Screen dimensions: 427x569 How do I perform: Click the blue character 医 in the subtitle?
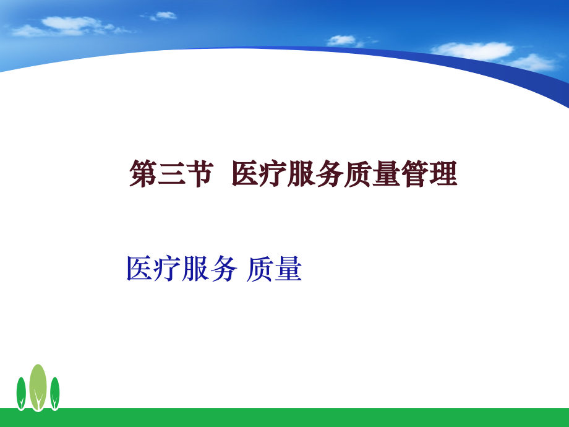[140, 269]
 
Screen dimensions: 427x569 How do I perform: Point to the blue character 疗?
[168, 269]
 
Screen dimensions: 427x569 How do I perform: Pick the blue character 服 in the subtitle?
[195, 269]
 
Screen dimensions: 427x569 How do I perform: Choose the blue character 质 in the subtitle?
[260, 269]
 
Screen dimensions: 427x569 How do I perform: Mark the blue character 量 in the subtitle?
[288, 269]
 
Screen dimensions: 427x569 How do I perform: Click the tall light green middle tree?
[38, 385]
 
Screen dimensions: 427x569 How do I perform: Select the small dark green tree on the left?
[21, 392]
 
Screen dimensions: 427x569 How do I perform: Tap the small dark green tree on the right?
[55, 392]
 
